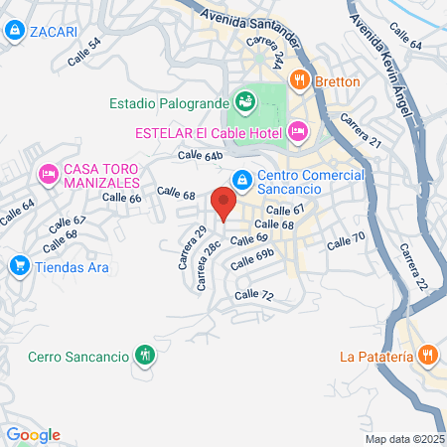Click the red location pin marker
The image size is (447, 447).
pos(223,205)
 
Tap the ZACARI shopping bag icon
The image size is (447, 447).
pos(14,31)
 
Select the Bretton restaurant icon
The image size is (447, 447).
pos(297,80)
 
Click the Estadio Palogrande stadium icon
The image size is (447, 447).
pos(243,101)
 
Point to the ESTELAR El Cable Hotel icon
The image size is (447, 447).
pos(297,131)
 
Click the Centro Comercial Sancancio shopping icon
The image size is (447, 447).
pos(240,180)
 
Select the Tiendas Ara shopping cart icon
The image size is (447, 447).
pos(18,266)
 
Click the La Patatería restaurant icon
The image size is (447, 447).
pos(427,356)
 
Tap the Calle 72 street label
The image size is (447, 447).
pos(253,296)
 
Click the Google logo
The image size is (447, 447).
pos(32,435)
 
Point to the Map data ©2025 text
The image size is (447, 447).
pos(403,439)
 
